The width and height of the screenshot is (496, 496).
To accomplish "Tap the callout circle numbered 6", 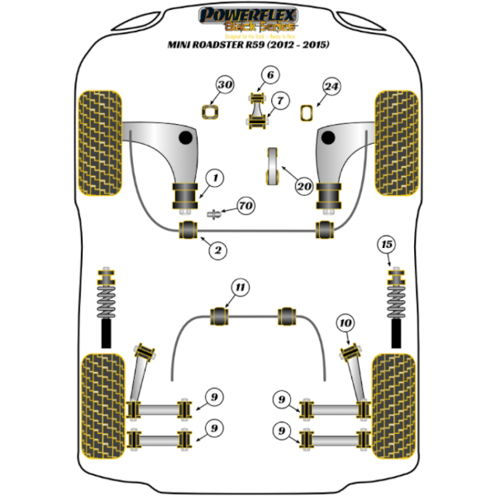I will (269, 78).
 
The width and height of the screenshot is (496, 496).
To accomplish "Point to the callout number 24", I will (331, 86).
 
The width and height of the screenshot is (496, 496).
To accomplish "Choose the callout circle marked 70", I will (246, 205).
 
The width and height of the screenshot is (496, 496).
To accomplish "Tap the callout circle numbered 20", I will (303, 188).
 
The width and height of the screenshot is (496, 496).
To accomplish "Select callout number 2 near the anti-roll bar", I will (217, 249).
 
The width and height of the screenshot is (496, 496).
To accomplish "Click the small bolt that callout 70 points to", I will (213, 213).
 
